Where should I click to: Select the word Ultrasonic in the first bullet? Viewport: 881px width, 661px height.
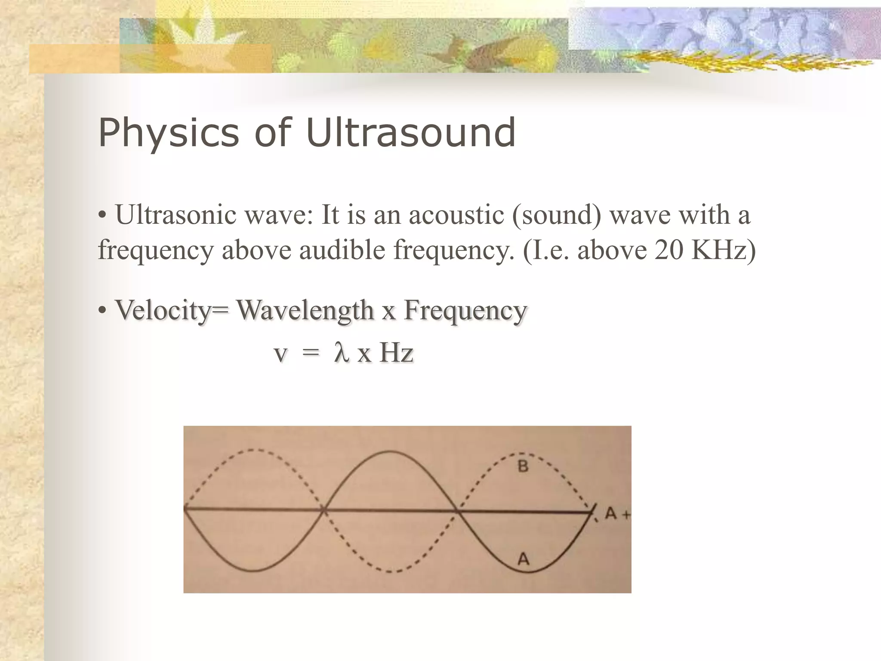coord(176,214)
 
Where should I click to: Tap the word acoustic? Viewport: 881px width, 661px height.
coord(456,214)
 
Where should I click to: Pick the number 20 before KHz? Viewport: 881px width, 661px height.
coord(668,250)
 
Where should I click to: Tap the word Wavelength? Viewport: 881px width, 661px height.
coord(305,310)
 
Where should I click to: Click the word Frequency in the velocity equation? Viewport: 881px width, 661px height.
coord(465,310)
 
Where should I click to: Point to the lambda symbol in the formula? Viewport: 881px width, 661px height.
coord(341,354)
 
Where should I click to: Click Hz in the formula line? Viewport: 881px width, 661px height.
coord(396,354)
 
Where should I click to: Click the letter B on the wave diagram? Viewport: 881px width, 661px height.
coord(523,466)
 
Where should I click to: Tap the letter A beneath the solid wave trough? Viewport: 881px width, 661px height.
coord(523,559)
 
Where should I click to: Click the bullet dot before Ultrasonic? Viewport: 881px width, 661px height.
coord(102,216)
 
